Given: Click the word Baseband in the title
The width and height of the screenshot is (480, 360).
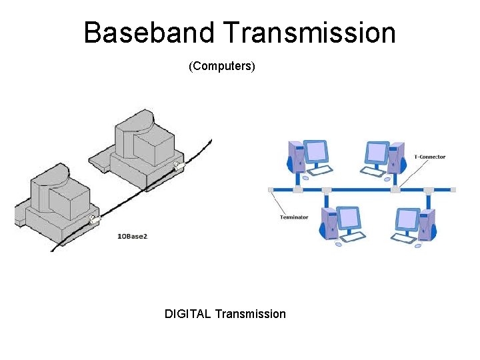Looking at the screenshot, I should click(x=150, y=33).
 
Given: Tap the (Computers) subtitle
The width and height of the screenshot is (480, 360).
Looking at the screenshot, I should click(x=222, y=67).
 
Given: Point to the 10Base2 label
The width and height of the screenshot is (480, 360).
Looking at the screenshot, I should click(x=132, y=237).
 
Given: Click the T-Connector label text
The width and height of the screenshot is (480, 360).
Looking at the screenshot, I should click(x=429, y=157).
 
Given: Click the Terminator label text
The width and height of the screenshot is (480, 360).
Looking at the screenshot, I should click(x=294, y=217).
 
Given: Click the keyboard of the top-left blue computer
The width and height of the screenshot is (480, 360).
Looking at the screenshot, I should click(x=321, y=171).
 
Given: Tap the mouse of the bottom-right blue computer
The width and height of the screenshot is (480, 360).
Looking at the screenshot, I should click(x=417, y=245).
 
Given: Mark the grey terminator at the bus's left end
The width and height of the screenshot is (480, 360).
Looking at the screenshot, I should click(x=271, y=190).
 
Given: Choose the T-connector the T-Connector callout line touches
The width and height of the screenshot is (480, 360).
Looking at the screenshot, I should click(x=395, y=190).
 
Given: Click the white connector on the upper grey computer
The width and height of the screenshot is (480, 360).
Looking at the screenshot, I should click(x=177, y=165).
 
